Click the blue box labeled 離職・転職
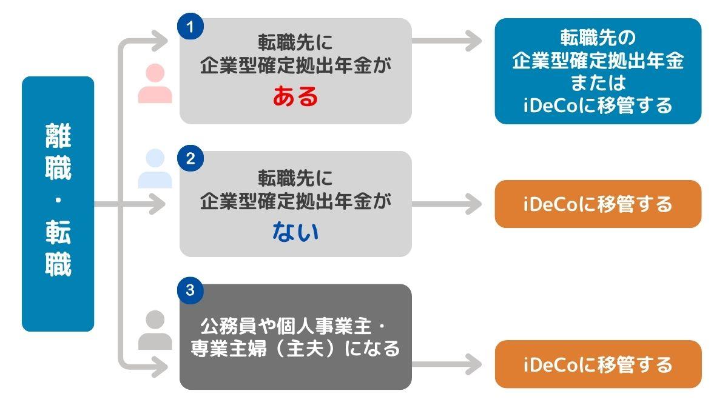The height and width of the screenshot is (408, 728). click(x=58, y=204)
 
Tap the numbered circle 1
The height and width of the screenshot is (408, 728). click(x=190, y=26)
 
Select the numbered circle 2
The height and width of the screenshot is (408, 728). click(x=190, y=158)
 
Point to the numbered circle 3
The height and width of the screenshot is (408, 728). click(x=190, y=290)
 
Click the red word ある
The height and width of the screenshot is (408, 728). click(x=295, y=96)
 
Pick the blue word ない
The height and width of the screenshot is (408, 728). click(x=295, y=232)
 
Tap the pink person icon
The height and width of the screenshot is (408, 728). click(x=155, y=84)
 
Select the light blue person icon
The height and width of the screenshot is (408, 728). click(x=155, y=169)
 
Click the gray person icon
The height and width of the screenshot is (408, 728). click(x=155, y=330)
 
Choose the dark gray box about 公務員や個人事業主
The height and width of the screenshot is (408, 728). click(x=295, y=337)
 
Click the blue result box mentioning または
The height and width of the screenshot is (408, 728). click(x=598, y=71)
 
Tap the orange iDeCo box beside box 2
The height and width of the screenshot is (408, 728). click(x=598, y=204)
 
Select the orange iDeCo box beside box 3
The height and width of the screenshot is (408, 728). click(x=598, y=364)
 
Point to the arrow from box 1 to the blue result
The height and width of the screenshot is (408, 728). click(x=447, y=41)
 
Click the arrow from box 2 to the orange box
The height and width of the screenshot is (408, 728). click(x=447, y=204)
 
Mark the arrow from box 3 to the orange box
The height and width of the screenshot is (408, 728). click(x=447, y=364)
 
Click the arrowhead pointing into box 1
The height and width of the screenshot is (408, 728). click(x=160, y=41)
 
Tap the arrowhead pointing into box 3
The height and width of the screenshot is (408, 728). click(x=160, y=367)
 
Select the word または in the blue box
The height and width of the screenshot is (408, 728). click(x=598, y=82)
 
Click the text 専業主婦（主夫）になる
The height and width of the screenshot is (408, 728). click(x=295, y=349)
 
